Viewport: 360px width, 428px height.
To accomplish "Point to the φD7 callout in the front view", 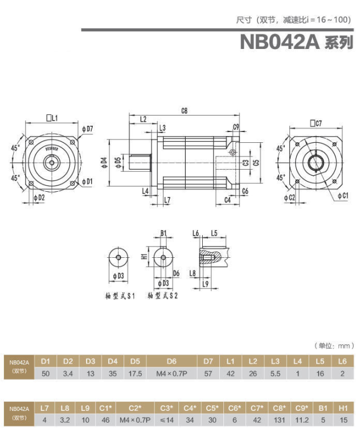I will (88, 129).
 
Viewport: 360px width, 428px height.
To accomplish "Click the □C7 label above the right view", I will (316, 124).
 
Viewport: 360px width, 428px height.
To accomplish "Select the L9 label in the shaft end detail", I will (206, 283).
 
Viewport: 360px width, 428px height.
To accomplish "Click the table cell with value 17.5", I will (134, 373).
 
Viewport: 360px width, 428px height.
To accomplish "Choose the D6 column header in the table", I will (171, 361).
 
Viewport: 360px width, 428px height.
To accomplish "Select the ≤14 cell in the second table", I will (166, 421).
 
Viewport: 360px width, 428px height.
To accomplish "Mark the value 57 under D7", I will (208, 373).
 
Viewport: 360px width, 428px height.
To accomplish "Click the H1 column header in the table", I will (342, 409).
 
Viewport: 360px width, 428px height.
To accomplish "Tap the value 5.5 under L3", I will (275, 373).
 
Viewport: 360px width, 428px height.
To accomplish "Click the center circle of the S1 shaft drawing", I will (118, 257).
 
